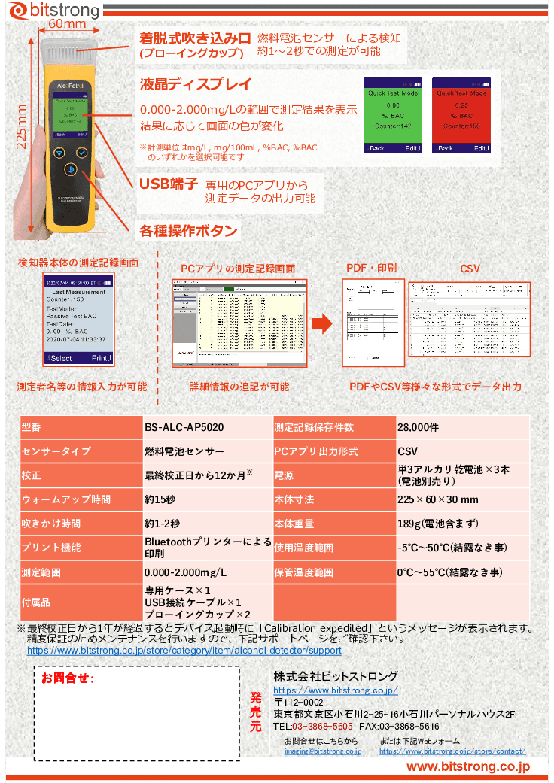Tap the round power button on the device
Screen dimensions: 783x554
[x=70, y=170]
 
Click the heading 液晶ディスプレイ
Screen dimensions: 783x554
[x=195, y=84]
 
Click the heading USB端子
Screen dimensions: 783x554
[x=169, y=184]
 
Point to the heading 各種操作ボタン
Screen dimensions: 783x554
[x=188, y=231]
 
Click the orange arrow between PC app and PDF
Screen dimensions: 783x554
[x=322, y=324]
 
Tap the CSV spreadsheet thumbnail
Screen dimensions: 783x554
[x=469, y=320]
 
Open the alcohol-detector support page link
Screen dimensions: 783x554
[x=184, y=651]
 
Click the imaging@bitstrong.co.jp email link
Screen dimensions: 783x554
[x=323, y=751]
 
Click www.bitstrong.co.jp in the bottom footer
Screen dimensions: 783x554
[x=468, y=766]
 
